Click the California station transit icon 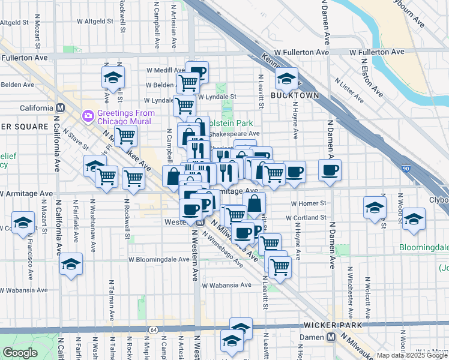[x=60, y=108]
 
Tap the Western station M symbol [x=199, y=222]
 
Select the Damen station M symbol [x=331, y=338]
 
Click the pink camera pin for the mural [x=88, y=114]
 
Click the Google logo [x=20, y=353]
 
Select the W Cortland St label [x=306, y=218]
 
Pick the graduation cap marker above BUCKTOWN [x=287, y=79]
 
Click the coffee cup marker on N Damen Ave [x=330, y=170]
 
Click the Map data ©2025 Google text [x=412, y=355]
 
